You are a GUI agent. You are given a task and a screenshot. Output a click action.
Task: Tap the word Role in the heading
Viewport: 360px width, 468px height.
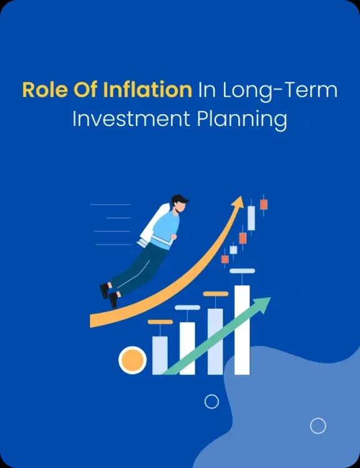point(41,90)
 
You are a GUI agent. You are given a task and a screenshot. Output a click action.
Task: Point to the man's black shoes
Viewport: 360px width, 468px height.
point(109,295)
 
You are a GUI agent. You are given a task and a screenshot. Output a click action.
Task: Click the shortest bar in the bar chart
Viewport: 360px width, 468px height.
point(160,355)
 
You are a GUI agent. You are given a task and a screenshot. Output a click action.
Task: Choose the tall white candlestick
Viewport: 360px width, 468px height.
point(251,217)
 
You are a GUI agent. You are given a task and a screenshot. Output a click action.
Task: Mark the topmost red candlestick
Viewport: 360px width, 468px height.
point(264,204)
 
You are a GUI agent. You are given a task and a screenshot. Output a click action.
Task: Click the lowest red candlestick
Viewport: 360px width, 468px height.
point(225,259)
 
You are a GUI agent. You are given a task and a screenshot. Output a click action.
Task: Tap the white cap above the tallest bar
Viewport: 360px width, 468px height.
point(242,271)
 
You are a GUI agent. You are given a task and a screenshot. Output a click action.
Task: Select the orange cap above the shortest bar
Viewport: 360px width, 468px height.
point(160,322)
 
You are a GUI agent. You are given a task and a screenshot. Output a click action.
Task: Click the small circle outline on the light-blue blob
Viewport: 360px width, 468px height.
point(318,426)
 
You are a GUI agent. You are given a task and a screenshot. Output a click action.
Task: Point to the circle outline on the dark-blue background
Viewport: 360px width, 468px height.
point(212,401)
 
